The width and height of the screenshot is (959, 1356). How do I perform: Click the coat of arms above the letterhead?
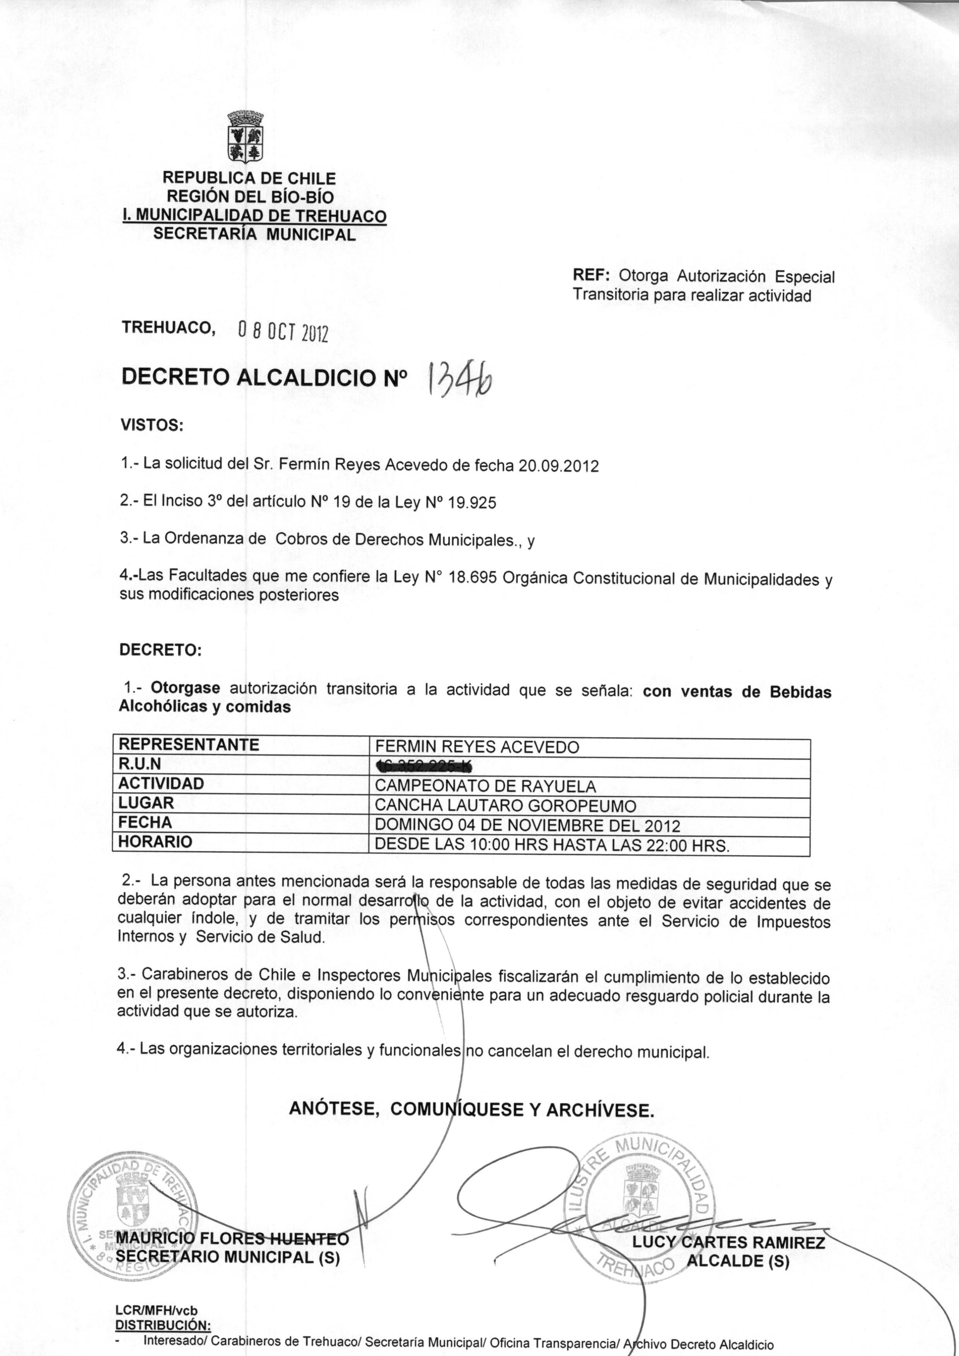coord(245,136)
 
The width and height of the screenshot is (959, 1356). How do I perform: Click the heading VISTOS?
coord(152,425)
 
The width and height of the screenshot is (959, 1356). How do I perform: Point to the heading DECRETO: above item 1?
coord(160,651)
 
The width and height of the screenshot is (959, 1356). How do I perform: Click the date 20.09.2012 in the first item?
coord(558,466)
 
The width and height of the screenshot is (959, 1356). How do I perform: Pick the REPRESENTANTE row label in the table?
coord(189,745)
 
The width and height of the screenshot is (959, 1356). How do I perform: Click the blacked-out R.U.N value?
coord(424,766)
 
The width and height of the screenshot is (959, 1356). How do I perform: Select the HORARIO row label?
coord(155,842)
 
